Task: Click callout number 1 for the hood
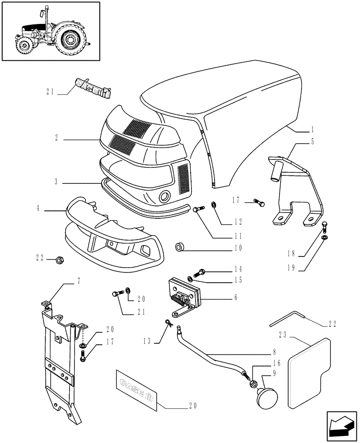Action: click(x=312, y=130)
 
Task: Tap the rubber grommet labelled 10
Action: click(x=180, y=246)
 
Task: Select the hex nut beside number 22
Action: click(x=59, y=260)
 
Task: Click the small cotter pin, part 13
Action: click(x=169, y=323)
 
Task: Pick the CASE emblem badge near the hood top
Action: click(x=92, y=87)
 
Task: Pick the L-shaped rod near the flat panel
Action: click(x=286, y=319)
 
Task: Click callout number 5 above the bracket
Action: click(x=312, y=142)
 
